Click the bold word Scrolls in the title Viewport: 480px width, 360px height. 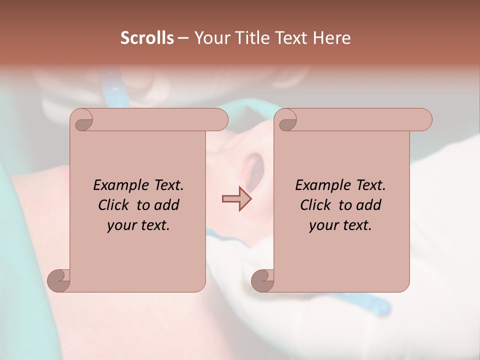[147, 38]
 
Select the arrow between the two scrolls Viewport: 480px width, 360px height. [236, 198]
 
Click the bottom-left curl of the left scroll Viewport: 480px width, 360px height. [58, 280]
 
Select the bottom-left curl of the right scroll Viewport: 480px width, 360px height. [262, 280]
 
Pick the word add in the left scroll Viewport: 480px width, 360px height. [167, 205]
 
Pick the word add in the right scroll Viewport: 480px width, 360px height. [369, 205]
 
